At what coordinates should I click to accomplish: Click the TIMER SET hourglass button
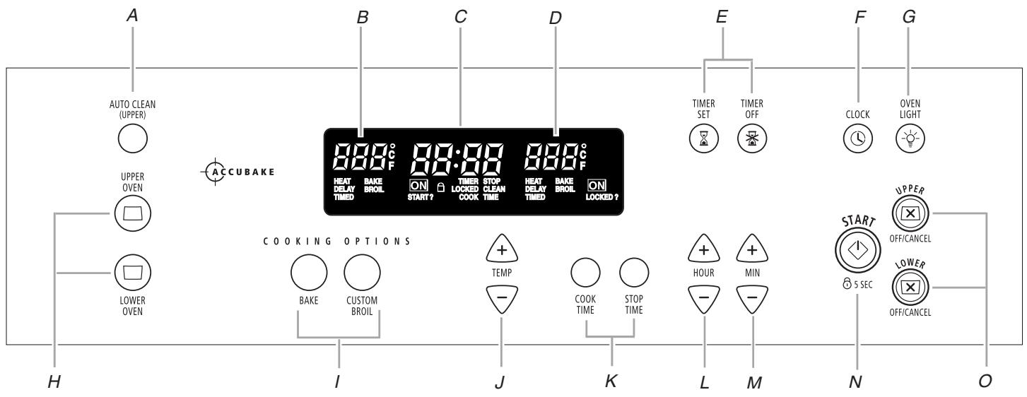point(703,139)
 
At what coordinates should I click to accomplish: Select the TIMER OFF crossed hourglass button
point(751,139)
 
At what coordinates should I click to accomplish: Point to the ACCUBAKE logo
point(237,172)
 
